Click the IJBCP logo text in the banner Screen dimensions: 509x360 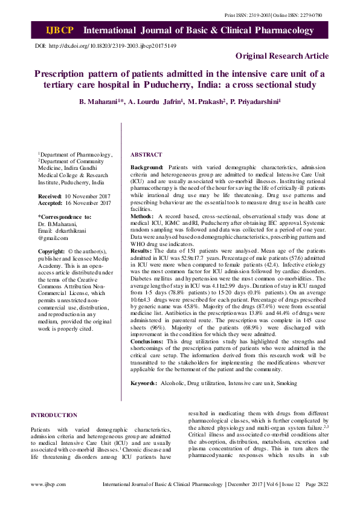click(59, 30)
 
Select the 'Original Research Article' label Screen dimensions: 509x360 click(282, 56)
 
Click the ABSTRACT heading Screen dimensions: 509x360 click(146, 155)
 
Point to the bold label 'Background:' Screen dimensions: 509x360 click(147, 166)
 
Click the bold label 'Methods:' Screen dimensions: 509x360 click(143, 215)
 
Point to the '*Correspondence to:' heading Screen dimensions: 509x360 click(65, 216)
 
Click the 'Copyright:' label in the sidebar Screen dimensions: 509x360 click(51, 251)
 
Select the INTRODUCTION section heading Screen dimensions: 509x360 click(54, 415)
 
